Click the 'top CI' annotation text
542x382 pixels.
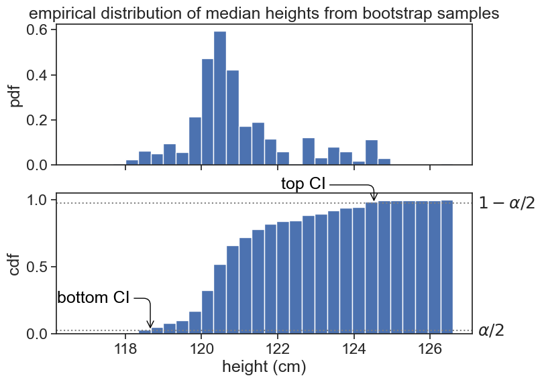pos(303,184)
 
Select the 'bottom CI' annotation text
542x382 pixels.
pos(93,298)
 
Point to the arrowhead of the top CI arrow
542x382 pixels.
pos(374,198)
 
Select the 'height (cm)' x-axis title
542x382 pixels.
pos(264,367)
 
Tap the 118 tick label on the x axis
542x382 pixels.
pos(125,349)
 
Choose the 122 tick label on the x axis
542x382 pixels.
pos(277,349)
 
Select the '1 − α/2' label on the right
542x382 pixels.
pos(506,203)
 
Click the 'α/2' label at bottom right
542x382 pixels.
pos(491,330)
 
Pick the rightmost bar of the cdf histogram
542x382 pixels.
pos(447,268)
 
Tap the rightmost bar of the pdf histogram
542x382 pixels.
pos(384,162)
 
